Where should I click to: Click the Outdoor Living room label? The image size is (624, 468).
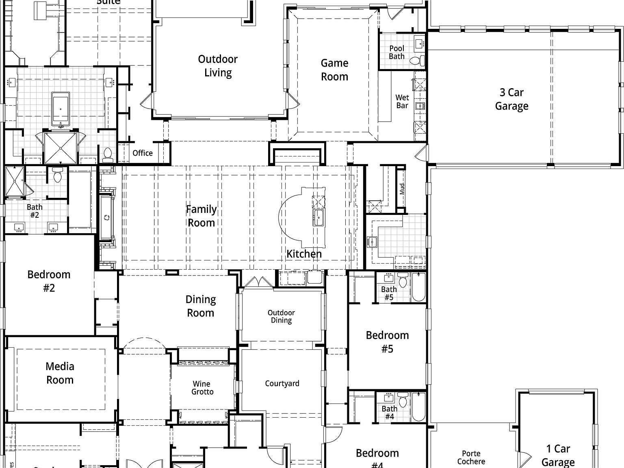click(x=218, y=66)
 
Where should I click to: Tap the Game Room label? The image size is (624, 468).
click(x=334, y=70)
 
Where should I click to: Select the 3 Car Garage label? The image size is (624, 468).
click(x=511, y=99)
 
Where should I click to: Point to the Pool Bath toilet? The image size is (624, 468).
click(x=415, y=61)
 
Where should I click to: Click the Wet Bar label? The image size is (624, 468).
click(x=402, y=102)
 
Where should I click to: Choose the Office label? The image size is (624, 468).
click(x=143, y=153)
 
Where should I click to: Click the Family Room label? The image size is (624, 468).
click(x=201, y=216)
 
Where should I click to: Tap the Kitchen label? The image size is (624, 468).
click(x=304, y=254)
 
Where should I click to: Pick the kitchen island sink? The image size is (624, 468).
click(x=318, y=218)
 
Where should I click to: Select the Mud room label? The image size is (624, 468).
click(x=402, y=189)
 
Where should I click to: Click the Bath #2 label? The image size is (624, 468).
click(x=35, y=211)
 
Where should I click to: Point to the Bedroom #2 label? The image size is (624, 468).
click(x=49, y=281)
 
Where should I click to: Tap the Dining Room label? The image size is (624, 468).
click(x=200, y=306)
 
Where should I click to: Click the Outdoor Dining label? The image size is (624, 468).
click(x=281, y=316)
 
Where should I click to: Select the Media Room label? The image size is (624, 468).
click(x=60, y=373)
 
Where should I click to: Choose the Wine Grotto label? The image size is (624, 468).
click(x=202, y=388)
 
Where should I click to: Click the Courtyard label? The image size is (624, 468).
click(x=282, y=383)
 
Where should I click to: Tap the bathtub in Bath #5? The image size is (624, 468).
click(x=418, y=288)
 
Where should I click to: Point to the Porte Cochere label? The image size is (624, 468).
click(x=471, y=457)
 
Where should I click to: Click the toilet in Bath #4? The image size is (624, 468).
click(x=403, y=402)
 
